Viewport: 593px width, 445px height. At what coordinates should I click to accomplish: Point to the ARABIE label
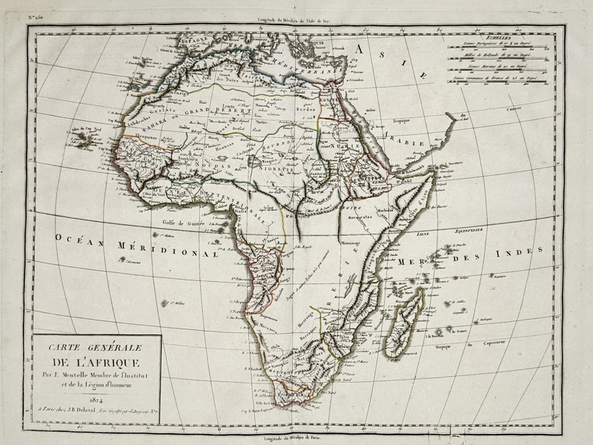coord(408,142)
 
